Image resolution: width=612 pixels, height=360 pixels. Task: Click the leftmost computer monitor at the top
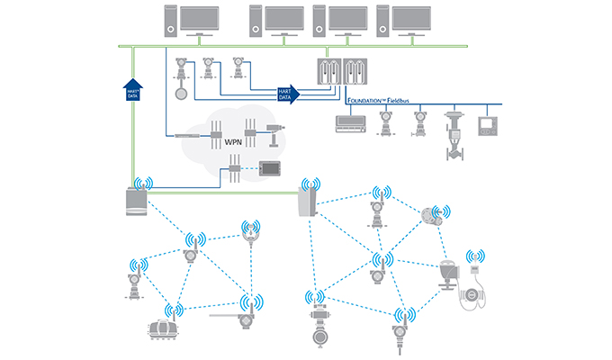[x=198, y=18]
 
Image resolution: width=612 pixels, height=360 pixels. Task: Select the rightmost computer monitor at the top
[x=412, y=18]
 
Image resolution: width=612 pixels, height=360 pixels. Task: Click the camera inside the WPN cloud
[x=273, y=132]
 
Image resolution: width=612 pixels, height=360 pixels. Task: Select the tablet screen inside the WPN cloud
[x=271, y=166]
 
